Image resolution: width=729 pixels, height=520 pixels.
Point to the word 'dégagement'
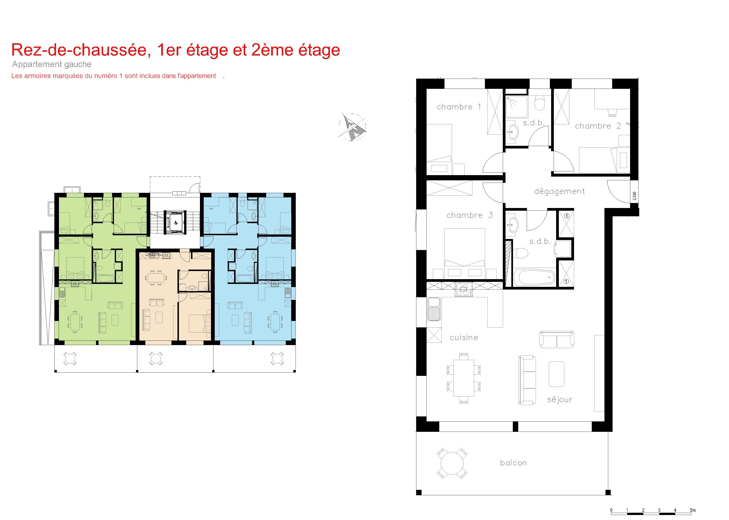click(x=559, y=192)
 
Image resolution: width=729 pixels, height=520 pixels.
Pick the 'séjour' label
click(x=559, y=400)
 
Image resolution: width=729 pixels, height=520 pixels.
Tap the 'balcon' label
click(x=513, y=463)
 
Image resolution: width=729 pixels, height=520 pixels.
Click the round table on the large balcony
click(x=452, y=463)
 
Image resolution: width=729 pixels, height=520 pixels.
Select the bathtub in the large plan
click(x=534, y=277)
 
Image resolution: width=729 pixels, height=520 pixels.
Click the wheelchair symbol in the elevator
click(x=176, y=223)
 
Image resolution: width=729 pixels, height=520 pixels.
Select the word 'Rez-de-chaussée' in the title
click(x=81, y=50)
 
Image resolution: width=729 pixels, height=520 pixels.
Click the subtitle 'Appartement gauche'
click(x=52, y=64)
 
